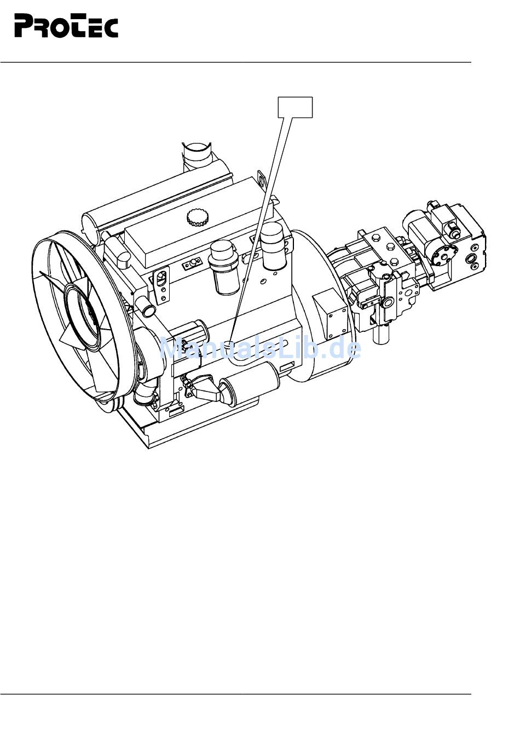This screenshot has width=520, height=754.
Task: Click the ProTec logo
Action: click(66, 26)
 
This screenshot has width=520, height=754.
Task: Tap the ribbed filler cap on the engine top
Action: click(195, 217)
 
